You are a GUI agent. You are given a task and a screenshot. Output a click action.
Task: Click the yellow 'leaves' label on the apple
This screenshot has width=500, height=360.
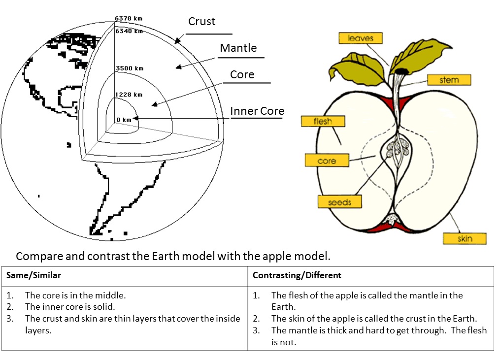click(x=360, y=38)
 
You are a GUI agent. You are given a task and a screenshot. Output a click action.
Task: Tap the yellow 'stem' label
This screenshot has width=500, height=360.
click(x=449, y=80)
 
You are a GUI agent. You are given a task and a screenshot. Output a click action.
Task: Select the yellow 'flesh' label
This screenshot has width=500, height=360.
click(x=323, y=121)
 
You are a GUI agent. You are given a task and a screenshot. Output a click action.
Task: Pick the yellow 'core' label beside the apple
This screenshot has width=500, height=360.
click(x=327, y=161)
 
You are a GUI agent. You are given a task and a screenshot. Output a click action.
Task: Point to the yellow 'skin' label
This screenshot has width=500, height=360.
click(x=465, y=239)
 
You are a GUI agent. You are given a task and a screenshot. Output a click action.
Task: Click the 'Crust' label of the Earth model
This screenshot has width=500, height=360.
click(x=202, y=22)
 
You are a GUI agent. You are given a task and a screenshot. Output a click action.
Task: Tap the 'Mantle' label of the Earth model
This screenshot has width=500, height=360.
click(x=238, y=48)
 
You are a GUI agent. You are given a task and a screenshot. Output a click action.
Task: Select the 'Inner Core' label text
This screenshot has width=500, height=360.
click(x=257, y=111)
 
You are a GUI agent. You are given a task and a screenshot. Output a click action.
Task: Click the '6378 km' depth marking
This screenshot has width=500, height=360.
click(x=129, y=19)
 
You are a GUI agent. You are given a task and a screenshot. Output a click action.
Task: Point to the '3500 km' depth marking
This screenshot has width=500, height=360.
click(x=129, y=68)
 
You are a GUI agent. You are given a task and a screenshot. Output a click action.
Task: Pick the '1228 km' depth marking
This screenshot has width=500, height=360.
click(x=129, y=94)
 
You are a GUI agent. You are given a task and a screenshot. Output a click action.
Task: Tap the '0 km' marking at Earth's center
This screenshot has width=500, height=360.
click(x=124, y=120)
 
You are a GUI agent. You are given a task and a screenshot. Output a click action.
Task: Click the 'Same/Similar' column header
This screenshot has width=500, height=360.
click(x=33, y=275)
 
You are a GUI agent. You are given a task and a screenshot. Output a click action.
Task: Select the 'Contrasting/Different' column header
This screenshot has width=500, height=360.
click(x=297, y=275)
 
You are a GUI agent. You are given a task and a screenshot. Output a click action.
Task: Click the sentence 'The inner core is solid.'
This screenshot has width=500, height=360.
click(x=70, y=307)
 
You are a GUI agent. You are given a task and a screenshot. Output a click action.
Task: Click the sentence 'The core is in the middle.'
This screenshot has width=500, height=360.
click(x=75, y=295)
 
